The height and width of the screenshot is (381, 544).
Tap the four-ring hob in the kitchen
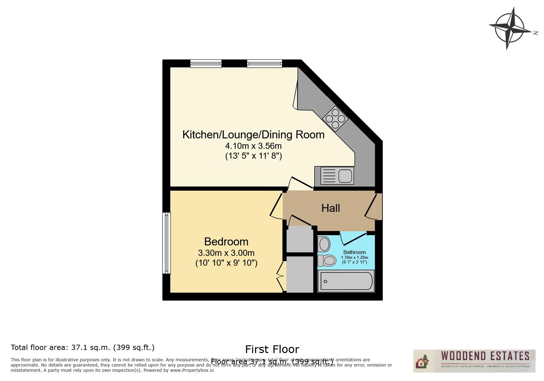pos(335,118)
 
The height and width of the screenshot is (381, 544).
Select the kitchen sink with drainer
pos(337,176)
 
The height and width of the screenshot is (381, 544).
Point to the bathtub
pos(346,281)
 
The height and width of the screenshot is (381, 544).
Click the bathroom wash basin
pos(324,245)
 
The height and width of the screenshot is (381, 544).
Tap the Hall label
pos(331,208)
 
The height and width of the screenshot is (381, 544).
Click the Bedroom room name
pos(226,242)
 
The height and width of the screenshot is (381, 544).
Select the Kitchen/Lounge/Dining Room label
pos(253,135)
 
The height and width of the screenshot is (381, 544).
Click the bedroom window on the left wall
pos(166,243)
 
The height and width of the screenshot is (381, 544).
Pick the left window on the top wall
pos(205,64)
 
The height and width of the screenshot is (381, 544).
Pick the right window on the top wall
pos(264,64)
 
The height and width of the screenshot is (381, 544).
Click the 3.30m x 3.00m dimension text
pos(226,253)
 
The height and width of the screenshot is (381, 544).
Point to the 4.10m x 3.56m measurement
pos(253,146)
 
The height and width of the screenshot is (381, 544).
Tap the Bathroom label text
pos(354,252)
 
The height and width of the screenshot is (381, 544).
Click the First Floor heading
pos(272,349)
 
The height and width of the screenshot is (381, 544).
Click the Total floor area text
pos(82,347)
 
